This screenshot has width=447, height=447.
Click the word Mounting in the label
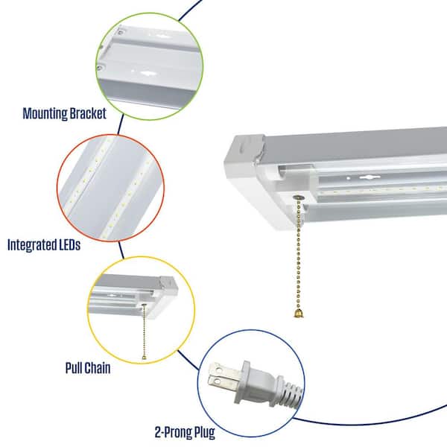45,113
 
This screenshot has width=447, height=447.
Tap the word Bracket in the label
88,113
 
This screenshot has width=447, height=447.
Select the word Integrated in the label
31,245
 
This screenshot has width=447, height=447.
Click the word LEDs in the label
69,245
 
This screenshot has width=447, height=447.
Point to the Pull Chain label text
88,368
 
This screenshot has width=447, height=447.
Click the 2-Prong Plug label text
185,432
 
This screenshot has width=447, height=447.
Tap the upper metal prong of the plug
226,370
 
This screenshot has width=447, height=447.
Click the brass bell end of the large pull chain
298,314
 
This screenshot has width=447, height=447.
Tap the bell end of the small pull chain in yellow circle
144,357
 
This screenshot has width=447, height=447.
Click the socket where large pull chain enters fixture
298,197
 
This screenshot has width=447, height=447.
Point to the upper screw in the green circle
121,32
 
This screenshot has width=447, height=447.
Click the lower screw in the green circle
100,68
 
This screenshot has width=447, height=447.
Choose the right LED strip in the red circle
127,196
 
